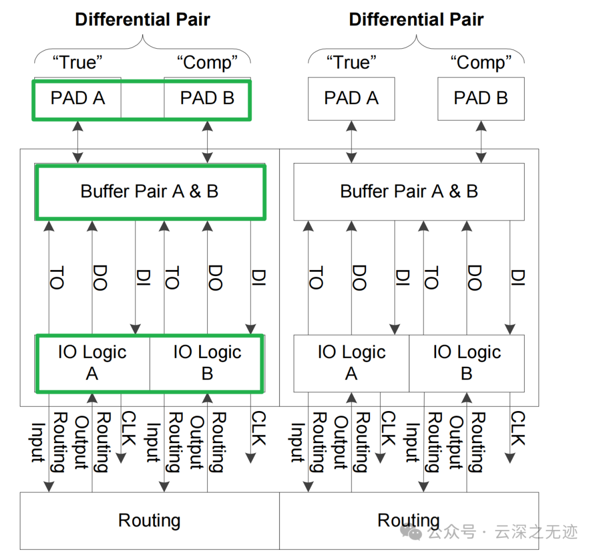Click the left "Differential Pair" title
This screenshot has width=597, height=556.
pos(143,20)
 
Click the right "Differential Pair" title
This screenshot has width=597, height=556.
pos(416,20)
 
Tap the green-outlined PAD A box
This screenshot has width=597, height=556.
pos(77,98)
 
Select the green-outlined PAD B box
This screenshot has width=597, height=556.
pos(207,98)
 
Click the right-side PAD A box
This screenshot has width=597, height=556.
pos(351,98)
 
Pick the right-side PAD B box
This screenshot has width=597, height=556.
pos(481,98)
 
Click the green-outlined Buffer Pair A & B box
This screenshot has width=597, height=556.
pos(150,191)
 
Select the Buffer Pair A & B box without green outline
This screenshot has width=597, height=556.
pos(409,191)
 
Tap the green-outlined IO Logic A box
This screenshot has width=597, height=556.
pos(92,363)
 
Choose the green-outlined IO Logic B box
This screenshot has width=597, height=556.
pos(207,363)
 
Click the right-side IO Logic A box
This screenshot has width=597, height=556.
pos(351,363)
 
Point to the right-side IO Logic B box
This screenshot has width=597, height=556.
pos(467,363)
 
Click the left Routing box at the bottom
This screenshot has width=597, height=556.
pos(149,520)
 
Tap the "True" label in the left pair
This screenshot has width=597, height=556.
pos(77,62)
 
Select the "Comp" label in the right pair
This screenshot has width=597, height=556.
pos(481,62)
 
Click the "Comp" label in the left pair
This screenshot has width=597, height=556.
pos(207,62)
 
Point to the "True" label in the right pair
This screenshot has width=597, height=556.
pos(351,62)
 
